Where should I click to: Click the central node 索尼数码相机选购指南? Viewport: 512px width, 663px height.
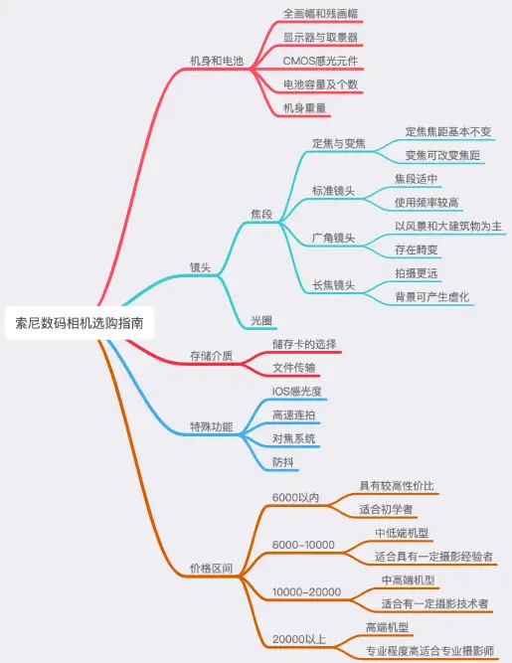click(x=80, y=323)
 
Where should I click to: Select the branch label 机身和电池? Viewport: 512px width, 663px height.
click(x=217, y=61)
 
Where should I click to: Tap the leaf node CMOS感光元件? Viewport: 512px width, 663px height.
click(x=320, y=61)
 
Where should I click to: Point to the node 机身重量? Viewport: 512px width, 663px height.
click(x=304, y=108)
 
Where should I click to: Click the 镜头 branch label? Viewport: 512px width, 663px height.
click(x=201, y=267)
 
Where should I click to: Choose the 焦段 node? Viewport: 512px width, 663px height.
click(x=261, y=214)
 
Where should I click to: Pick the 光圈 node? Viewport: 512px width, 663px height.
click(x=261, y=320)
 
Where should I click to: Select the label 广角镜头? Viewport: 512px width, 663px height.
click(x=333, y=238)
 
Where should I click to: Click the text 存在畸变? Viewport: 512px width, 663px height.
click(x=416, y=249)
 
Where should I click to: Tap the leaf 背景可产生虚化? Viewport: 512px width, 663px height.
click(x=432, y=297)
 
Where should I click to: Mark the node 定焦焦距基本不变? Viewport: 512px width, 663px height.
click(x=448, y=131)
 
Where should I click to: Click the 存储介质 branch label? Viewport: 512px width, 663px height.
click(x=211, y=356)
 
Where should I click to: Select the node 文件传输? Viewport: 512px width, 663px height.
click(x=294, y=368)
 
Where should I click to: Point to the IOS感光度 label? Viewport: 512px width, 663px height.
click(x=297, y=392)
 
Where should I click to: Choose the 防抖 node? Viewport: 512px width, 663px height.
click(x=283, y=462)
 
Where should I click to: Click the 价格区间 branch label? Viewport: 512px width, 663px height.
click(x=211, y=569)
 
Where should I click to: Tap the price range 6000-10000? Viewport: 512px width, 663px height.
click(x=303, y=545)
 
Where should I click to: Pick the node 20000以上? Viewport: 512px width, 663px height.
click(x=299, y=639)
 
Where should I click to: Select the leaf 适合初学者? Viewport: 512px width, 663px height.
click(x=386, y=510)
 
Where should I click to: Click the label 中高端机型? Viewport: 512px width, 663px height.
click(x=408, y=580)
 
